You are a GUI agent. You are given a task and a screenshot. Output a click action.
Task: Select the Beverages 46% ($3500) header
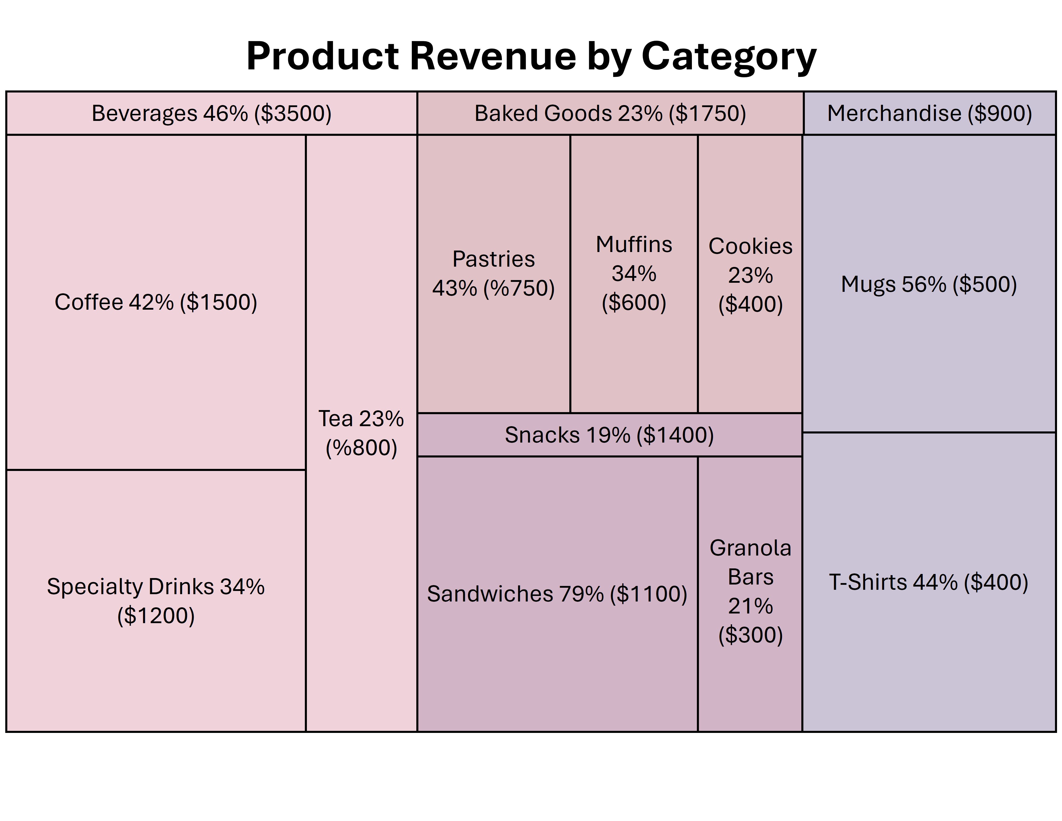212,113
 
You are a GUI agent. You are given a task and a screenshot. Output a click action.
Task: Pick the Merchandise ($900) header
929,113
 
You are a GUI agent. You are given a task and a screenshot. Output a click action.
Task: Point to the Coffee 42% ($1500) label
156,302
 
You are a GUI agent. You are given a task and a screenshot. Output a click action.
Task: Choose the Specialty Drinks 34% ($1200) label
156,601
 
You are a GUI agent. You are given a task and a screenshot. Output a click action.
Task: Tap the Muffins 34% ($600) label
634,273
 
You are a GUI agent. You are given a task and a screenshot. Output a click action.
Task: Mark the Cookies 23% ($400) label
750,275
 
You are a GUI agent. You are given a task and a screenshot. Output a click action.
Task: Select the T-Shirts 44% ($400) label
929,582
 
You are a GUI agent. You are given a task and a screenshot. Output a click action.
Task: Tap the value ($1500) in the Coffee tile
218,302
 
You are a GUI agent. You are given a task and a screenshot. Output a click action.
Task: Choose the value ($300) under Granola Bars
750,635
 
